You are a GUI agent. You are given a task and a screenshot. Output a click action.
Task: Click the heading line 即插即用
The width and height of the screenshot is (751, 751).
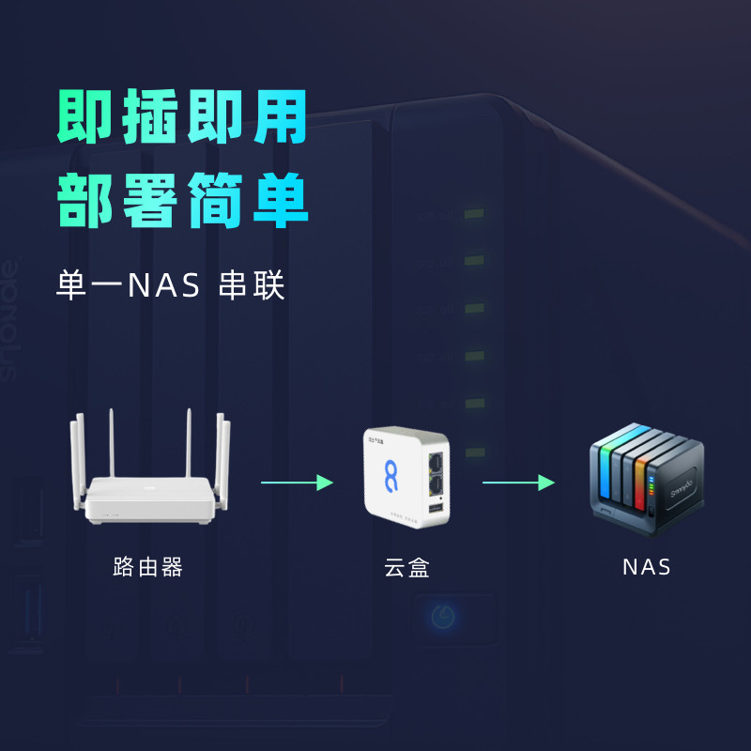(182, 116)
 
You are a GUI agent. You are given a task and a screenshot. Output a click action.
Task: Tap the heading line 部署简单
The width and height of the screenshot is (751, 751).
(182, 200)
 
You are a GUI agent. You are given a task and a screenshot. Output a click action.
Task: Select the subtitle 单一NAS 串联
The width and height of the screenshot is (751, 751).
(171, 285)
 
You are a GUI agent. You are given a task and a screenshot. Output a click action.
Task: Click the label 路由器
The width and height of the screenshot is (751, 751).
(148, 567)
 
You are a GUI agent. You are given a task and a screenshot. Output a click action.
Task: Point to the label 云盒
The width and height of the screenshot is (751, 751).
(406, 568)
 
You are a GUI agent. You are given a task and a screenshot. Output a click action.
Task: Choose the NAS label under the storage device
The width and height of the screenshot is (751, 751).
(646, 568)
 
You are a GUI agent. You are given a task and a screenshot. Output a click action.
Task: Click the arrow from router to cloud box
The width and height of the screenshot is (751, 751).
(297, 483)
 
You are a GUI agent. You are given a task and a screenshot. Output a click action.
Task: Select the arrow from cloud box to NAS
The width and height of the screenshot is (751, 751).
(519, 483)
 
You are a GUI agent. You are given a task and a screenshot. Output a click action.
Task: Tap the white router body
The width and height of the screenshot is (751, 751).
(149, 499)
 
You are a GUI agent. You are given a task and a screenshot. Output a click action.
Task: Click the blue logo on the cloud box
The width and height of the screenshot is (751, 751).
(391, 476)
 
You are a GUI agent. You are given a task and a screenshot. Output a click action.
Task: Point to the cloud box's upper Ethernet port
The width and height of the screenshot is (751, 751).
(436, 462)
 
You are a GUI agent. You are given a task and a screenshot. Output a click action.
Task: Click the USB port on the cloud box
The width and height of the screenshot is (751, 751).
(436, 508)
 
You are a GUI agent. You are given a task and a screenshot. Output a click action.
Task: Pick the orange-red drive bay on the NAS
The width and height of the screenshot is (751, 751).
(641, 483)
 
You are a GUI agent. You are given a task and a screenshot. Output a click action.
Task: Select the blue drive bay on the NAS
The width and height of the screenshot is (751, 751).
(605, 472)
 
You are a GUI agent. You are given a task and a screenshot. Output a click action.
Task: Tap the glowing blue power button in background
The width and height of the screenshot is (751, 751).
(443, 617)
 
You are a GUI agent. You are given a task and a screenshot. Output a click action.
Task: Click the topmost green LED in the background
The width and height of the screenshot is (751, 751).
(474, 213)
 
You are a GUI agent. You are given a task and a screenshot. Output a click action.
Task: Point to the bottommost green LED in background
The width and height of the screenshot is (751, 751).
(475, 452)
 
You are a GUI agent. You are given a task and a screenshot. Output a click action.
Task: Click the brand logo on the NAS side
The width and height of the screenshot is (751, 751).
(682, 488)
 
